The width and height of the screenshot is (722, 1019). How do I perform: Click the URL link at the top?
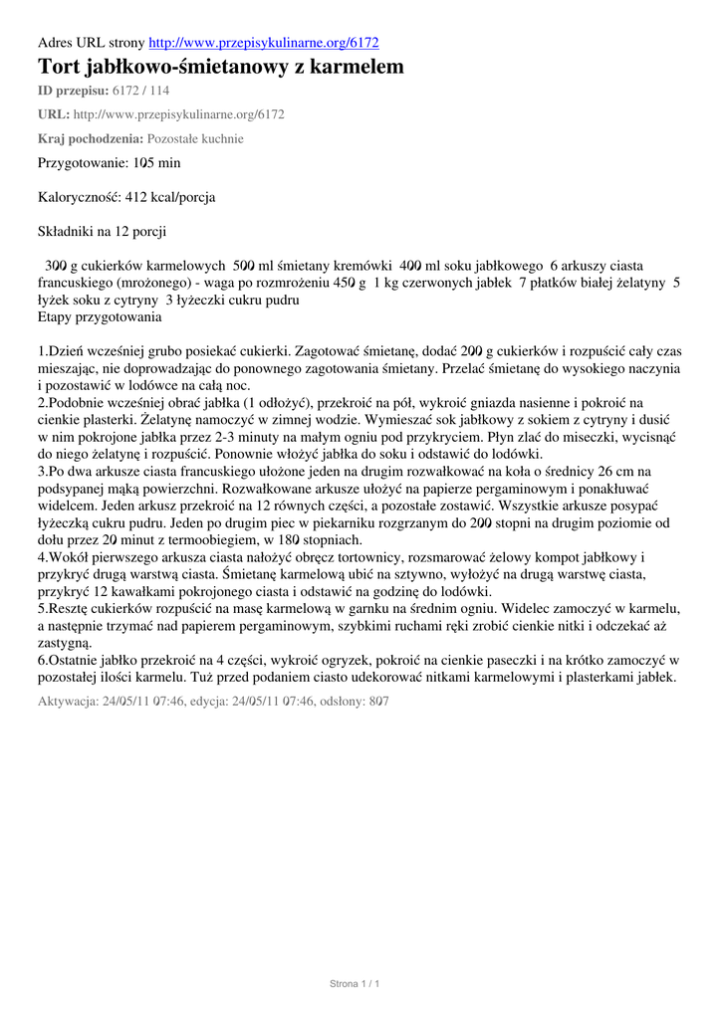pyautogui.click(x=263, y=43)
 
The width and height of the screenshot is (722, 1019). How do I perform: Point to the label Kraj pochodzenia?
pyautogui.click(x=90, y=138)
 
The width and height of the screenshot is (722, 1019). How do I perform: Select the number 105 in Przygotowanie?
pyautogui.click(x=145, y=162)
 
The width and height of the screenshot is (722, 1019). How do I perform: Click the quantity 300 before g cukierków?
pyautogui.click(x=55, y=266)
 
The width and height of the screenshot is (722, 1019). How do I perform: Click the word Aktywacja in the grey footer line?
pyautogui.click(x=68, y=702)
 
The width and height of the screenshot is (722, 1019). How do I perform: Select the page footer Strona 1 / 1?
pyautogui.click(x=356, y=983)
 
